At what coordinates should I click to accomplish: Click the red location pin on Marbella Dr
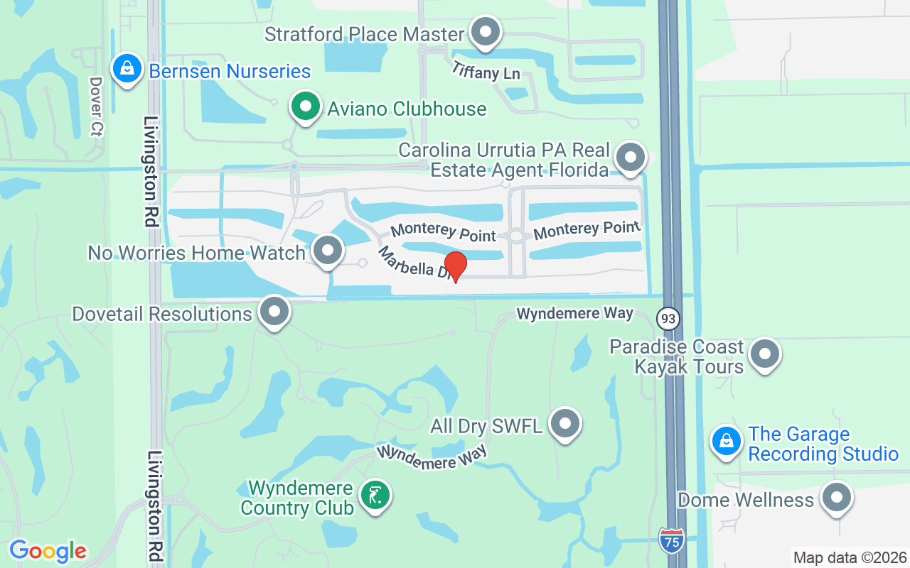(455, 266)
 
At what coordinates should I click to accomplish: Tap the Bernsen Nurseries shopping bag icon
(127, 70)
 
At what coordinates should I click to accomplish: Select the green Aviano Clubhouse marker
(306, 107)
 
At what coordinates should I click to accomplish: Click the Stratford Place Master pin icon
(486, 32)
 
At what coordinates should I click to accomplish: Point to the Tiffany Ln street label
(486, 70)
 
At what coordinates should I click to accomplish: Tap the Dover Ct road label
(97, 106)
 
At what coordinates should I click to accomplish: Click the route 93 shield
(668, 318)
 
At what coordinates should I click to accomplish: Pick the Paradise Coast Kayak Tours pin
(766, 353)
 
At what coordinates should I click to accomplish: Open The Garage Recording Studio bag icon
(727, 441)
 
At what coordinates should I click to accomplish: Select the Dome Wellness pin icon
(837, 498)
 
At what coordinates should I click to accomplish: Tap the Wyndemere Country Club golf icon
(375, 495)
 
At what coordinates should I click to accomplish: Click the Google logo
(48, 551)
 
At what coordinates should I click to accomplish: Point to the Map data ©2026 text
(850, 557)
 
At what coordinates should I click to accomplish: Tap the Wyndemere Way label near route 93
(574, 313)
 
